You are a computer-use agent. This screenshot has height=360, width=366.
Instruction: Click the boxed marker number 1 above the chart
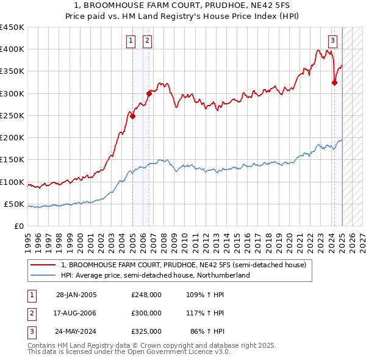(x=131, y=41)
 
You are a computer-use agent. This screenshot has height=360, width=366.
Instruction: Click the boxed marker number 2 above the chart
(x=148, y=41)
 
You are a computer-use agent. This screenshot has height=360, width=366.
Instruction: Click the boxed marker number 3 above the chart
(x=332, y=41)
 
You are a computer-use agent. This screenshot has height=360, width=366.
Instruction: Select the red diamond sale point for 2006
(x=149, y=93)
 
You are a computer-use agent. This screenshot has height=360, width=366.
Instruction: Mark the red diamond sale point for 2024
(x=334, y=82)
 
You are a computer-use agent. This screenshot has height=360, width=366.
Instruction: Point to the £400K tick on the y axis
(x=12, y=49)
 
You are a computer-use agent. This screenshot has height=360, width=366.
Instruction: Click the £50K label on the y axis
(x=14, y=204)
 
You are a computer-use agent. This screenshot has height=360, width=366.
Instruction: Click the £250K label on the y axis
(x=12, y=115)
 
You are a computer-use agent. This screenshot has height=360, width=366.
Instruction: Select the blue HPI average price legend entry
(x=156, y=275)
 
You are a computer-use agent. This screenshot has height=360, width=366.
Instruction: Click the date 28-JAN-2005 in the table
(x=76, y=294)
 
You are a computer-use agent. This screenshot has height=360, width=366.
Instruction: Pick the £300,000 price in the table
(x=146, y=313)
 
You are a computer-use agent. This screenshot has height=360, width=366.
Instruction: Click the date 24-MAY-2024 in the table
(x=76, y=332)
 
